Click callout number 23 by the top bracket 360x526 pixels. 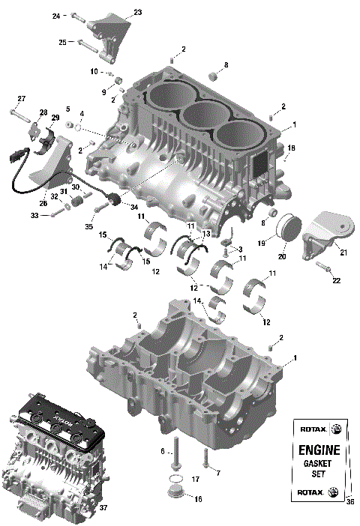click(137, 12)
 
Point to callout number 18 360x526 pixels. click(291, 148)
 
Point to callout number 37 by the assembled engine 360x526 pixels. click(103, 508)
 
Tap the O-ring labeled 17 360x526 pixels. click(174, 479)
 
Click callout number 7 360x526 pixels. click(217, 474)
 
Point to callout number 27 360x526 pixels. click(22, 99)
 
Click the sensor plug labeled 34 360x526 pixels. click(114, 200)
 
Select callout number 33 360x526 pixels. click(34, 215)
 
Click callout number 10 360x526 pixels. click(94, 72)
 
